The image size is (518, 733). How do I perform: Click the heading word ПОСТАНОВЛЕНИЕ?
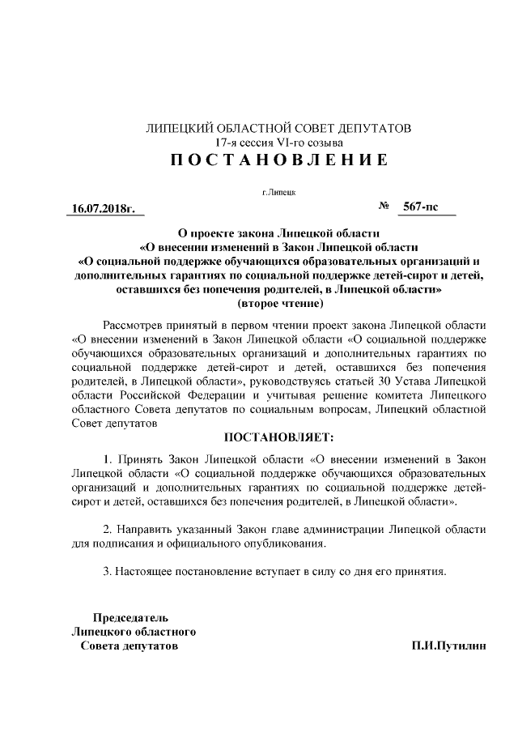point(278,160)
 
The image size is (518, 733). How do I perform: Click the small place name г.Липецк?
point(278,193)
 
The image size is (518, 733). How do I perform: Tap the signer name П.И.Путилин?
point(448,646)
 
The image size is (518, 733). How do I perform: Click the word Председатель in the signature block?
point(130,617)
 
